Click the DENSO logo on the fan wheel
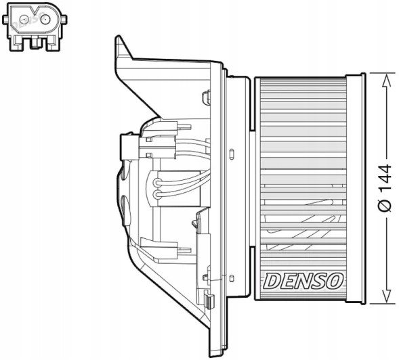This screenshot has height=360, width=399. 302,279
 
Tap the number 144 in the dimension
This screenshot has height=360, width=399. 385,178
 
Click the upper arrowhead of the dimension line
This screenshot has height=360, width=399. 385,80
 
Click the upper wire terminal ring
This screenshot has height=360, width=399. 157,181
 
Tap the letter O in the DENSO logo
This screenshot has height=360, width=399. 337,279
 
